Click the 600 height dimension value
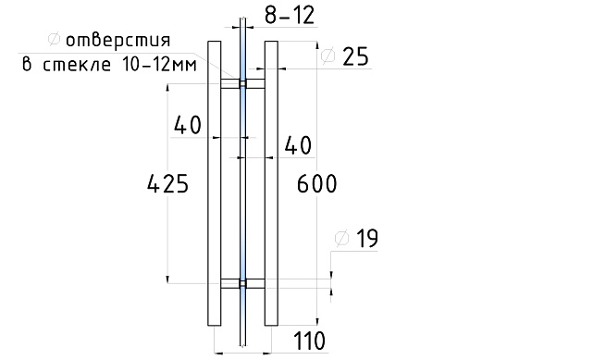click(316, 184)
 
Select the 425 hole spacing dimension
click(167, 184)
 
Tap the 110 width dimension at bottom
click(309, 341)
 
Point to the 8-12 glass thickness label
click(290, 16)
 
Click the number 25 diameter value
click(355, 57)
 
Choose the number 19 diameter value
click(367, 239)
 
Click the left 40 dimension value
click(188, 125)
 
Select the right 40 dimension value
click(298, 145)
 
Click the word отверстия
click(118, 40)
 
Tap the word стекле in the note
click(77, 65)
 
